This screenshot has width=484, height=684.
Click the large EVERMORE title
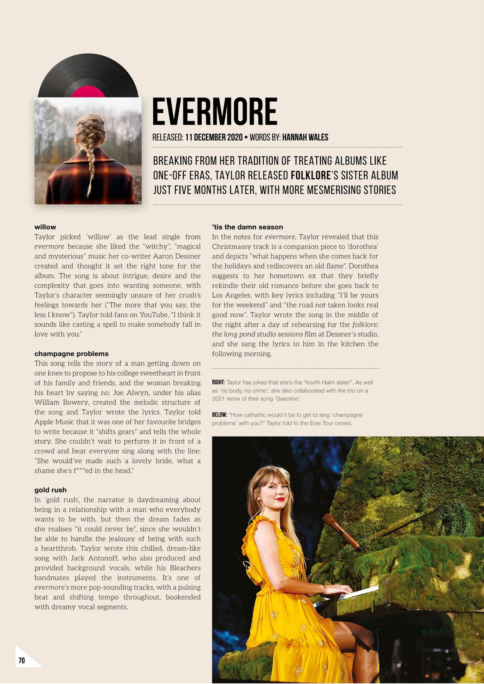215,112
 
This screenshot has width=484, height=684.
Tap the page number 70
21,660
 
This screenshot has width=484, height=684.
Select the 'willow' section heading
45,227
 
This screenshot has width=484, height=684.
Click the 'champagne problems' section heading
71,354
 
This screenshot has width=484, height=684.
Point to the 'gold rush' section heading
50,490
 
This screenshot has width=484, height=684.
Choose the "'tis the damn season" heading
248,227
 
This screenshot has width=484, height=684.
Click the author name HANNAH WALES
305,137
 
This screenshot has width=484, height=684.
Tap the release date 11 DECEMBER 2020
214,137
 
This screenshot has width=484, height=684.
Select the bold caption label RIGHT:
218,383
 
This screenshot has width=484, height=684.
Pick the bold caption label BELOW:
219,415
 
